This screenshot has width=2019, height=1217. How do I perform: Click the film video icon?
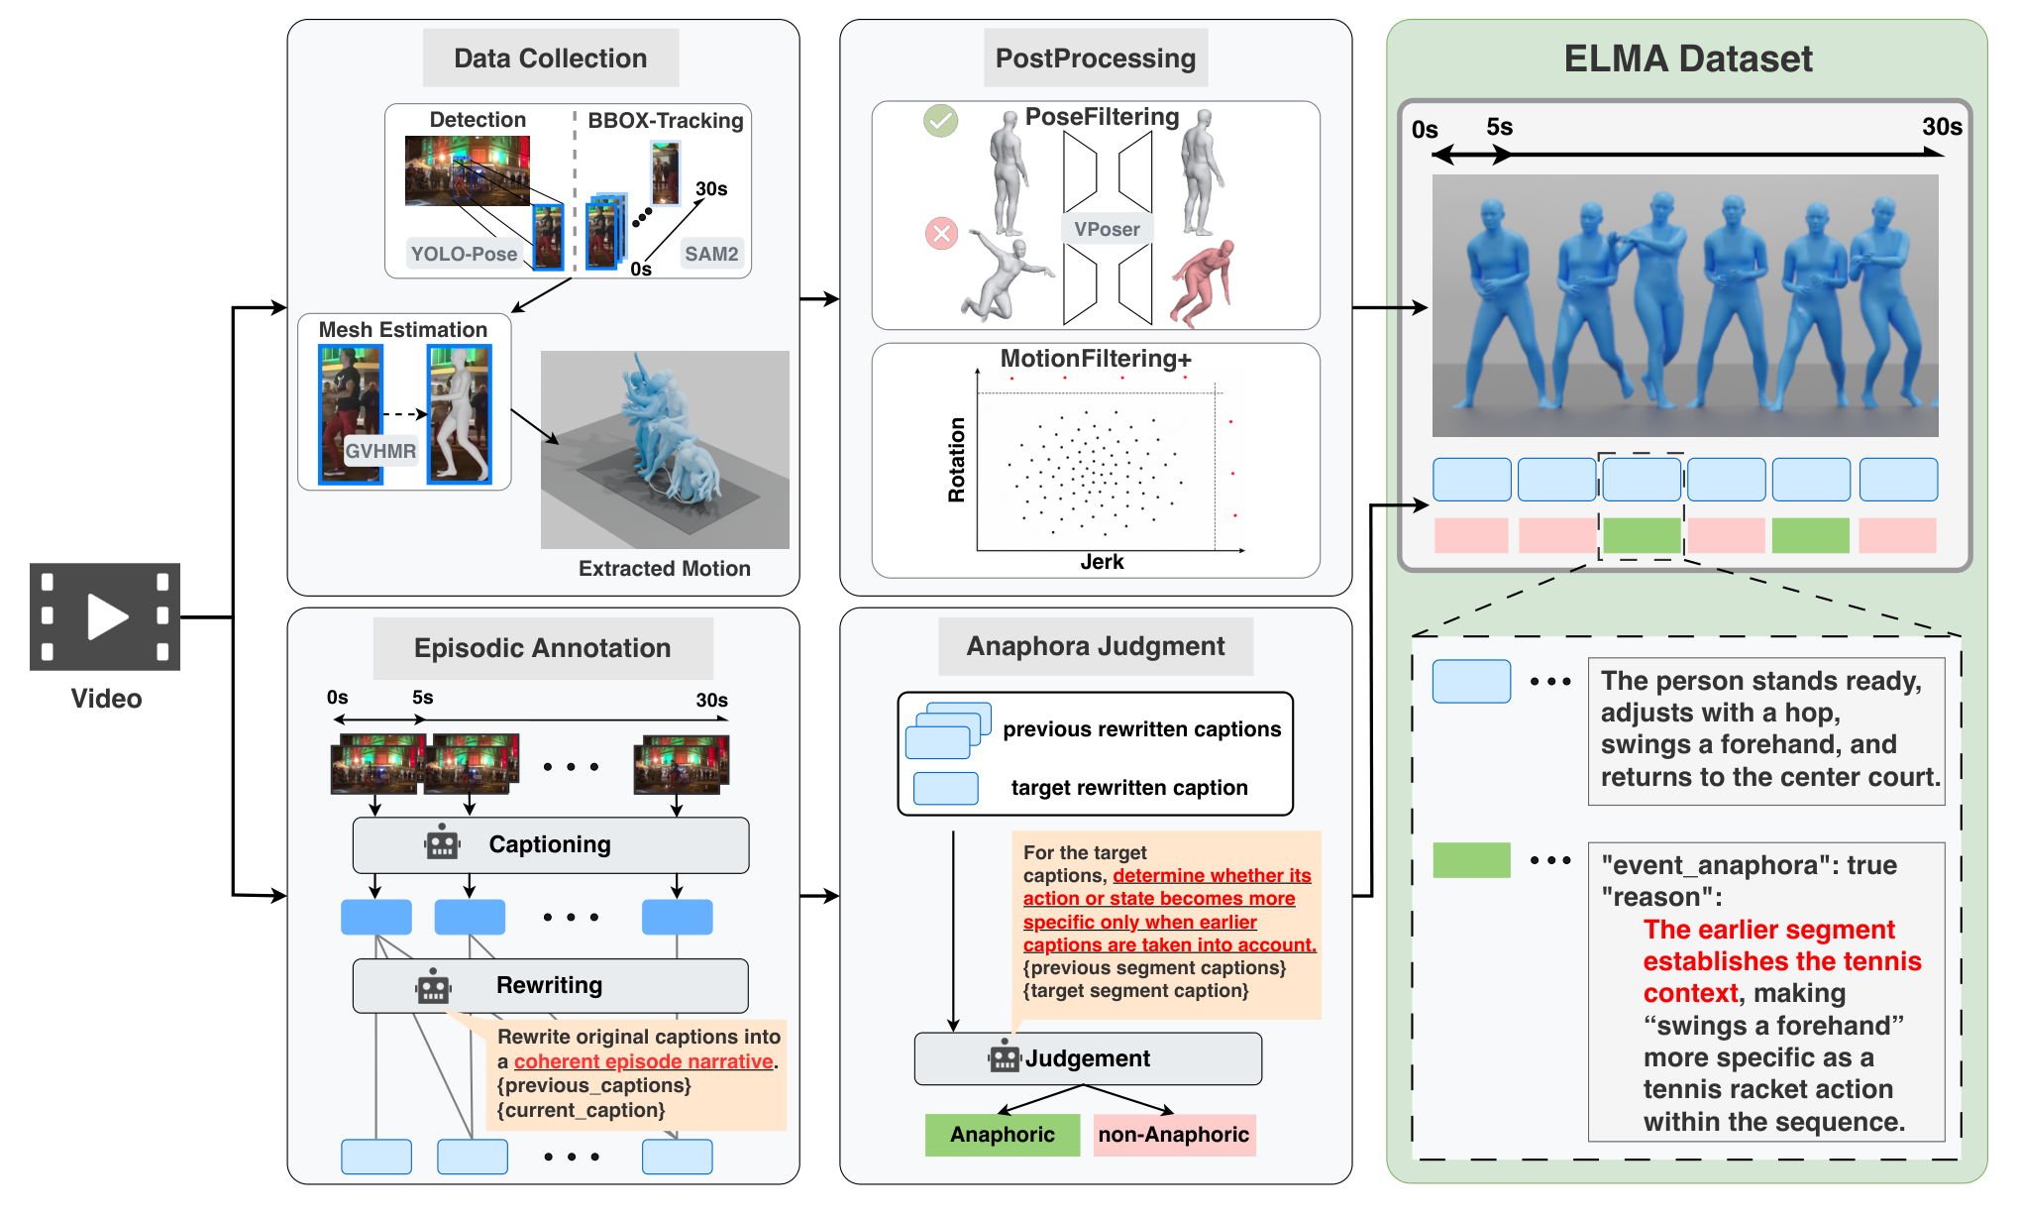tap(105, 616)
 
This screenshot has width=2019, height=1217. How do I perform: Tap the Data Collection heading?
tap(551, 58)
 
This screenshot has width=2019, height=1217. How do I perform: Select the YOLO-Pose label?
tap(464, 254)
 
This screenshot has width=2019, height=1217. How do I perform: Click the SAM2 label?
tap(711, 254)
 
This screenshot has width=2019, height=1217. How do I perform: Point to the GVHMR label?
tap(380, 451)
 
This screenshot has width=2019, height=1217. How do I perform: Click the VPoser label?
tap(1107, 229)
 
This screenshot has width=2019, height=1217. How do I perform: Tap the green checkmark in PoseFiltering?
tap(940, 121)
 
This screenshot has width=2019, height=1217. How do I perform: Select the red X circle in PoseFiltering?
tap(941, 234)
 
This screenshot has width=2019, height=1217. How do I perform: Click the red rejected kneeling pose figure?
tap(1203, 283)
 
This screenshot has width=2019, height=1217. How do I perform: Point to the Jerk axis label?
tap(1102, 562)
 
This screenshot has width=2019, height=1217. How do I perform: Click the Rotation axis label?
tap(956, 460)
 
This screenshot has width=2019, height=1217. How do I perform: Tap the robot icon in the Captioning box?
tap(442, 842)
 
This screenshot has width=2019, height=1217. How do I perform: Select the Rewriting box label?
tap(549, 985)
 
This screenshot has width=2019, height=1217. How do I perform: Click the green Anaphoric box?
tap(1003, 1135)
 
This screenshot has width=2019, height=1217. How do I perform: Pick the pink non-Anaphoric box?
tap(1174, 1135)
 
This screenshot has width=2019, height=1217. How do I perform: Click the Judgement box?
tap(1088, 1058)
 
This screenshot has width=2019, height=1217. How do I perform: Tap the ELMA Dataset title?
tap(1688, 58)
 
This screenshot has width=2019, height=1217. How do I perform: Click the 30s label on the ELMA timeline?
tap(1942, 127)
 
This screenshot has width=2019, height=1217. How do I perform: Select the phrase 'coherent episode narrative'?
tap(643, 1061)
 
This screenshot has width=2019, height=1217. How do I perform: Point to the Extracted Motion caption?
tap(665, 568)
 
